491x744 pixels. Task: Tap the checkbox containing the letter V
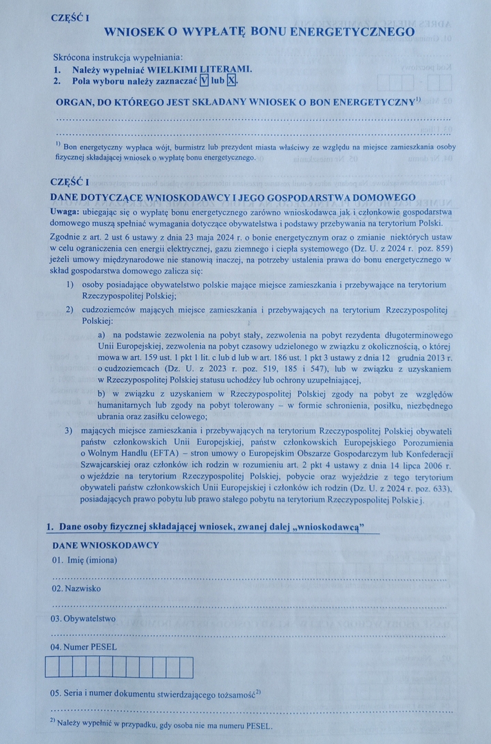coord(203,81)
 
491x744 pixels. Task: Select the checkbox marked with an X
coord(231,81)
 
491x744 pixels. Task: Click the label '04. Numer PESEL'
coord(83,648)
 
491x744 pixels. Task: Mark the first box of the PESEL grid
coord(52,668)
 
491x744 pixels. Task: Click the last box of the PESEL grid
coord(187,668)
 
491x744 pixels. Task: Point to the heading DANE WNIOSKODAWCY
coord(105,545)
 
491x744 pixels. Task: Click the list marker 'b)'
coord(103,393)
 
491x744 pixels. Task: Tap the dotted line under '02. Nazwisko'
coord(248,606)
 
